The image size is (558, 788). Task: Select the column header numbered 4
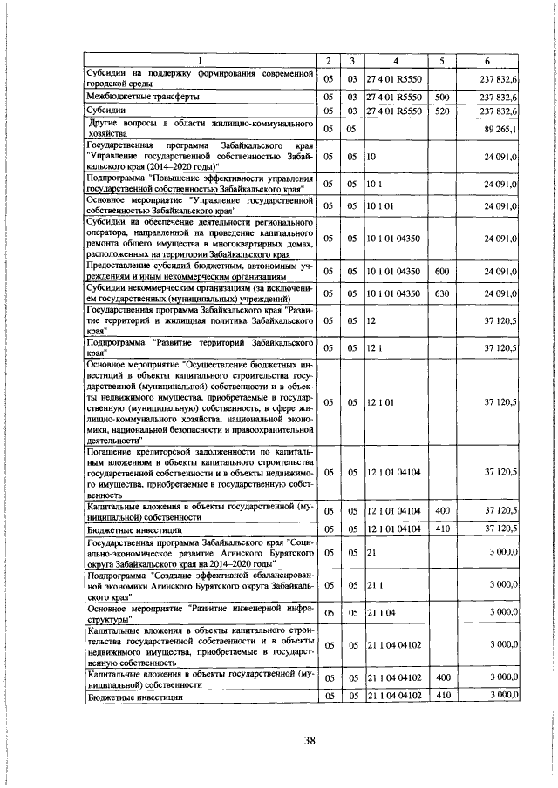tap(395, 60)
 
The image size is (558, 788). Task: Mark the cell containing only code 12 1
tap(374, 347)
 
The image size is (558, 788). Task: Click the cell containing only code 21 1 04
tap(384, 613)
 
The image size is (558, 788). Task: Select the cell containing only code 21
tap(371, 554)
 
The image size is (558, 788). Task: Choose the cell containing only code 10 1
tap(375, 183)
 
